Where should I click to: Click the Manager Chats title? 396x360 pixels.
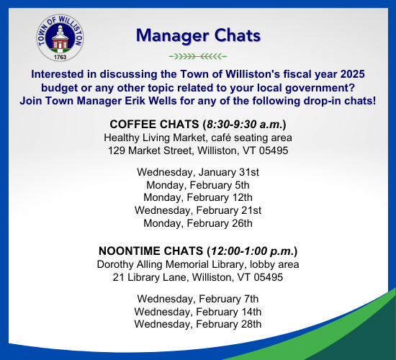click(198, 35)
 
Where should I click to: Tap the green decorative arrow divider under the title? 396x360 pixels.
click(197, 55)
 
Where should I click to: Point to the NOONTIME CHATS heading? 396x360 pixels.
click(151, 251)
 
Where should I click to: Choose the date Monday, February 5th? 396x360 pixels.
click(198, 184)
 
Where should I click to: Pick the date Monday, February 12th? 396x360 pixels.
click(198, 197)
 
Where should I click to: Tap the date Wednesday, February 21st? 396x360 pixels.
click(198, 210)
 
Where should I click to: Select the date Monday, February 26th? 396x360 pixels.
click(198, 223)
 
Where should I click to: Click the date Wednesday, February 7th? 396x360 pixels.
click(198, 299)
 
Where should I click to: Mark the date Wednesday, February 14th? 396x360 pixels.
click(198, 312)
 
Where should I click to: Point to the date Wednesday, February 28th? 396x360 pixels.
click(198, 325)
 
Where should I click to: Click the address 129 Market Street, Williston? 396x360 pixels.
click(198, 150)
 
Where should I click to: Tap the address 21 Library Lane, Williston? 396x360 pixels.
click(198, 277)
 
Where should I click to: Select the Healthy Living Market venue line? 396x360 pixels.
click(198, 137)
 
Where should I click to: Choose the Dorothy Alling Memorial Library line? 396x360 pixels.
click(198, 264)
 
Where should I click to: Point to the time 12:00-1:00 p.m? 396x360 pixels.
click(250, 251)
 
